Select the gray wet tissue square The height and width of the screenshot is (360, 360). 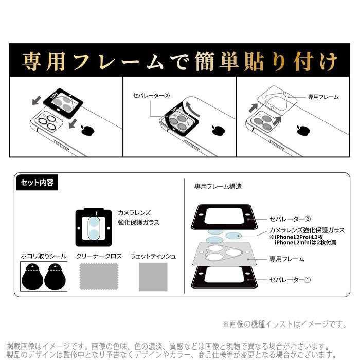pyautogui.click(x=153, y=277)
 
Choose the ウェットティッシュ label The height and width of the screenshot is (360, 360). pyautogui.click(x=153, y=256)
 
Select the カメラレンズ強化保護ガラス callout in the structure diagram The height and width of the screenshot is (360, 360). pyautogui.click(x=306, y=230)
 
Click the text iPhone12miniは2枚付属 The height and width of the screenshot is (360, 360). pyautogui.click(x=304, y=243)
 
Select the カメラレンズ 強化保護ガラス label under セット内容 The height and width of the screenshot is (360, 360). pyautogui.click(x=138, y=217)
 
